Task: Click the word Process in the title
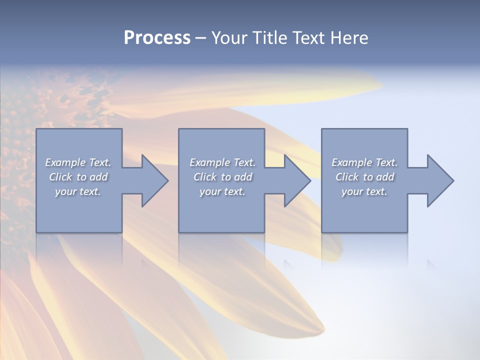click(157, 38)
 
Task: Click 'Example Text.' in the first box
click(78, 162)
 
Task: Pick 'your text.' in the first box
click(78, 191)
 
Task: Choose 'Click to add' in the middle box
click(222, 177)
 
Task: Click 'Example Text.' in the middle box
click(222, 162)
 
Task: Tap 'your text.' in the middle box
click(222, 191)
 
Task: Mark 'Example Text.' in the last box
click(364, 162)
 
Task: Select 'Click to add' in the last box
click(364, 177)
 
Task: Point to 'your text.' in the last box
click(364, 191)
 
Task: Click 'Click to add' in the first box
click(78, 177)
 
